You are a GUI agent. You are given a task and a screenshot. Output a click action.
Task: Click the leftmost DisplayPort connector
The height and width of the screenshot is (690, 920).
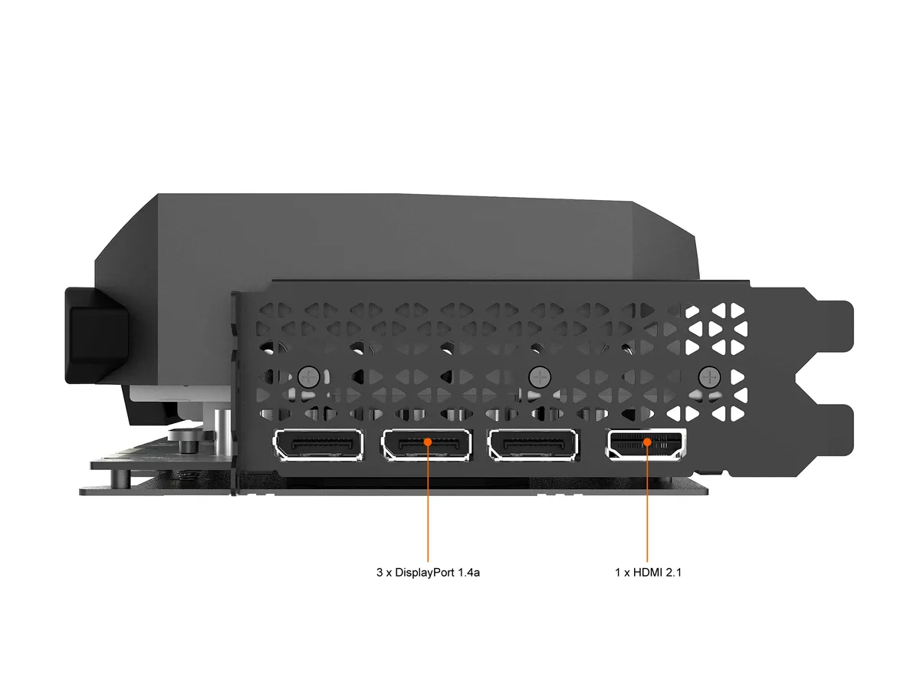tap(318, 445)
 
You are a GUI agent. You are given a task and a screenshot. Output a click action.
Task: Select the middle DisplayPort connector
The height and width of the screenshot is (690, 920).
tap(427, 445)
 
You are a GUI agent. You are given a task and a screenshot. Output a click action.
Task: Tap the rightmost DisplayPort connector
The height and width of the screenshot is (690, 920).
tap(533, 445)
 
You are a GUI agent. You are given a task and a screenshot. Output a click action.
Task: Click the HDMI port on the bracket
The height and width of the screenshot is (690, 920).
tap(646, 444)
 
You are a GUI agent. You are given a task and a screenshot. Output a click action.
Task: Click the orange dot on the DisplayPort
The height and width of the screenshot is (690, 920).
tap(428, 442)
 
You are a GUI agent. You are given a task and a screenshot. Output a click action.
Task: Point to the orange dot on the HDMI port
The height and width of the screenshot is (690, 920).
tap(647, 442)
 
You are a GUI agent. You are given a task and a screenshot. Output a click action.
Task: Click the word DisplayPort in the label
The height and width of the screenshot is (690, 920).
tap(425, 573)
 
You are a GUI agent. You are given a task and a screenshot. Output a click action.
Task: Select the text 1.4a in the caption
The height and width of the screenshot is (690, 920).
tap(468, 572)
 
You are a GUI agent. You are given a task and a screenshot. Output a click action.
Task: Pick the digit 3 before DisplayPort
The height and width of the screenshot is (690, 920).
tap(379, 572)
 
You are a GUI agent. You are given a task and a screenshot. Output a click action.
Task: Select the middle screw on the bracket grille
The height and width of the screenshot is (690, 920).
tap(540, 377)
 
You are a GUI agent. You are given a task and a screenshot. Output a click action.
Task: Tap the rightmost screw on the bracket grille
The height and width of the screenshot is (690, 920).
tap(709, 377)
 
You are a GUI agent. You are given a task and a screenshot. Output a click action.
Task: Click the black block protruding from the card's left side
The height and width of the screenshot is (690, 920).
tap(96, 335)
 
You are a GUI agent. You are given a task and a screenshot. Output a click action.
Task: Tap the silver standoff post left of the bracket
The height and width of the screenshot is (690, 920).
tap(222, 436)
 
